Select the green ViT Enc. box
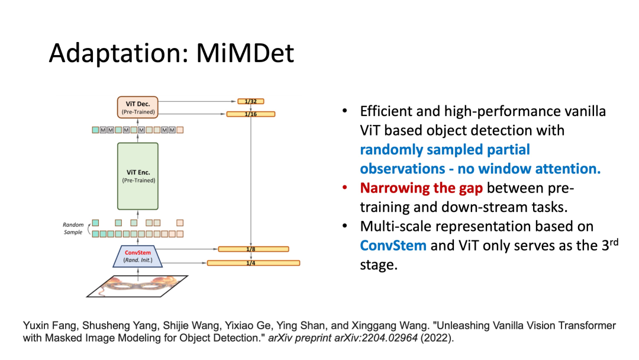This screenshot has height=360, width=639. point(138,176)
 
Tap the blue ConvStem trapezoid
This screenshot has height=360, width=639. point(138,256)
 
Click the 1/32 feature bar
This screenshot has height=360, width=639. point(251,101)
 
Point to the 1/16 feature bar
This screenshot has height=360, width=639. point(251,113)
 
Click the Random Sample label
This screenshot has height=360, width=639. point(73,229)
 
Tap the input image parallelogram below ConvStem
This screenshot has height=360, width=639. point(137,285)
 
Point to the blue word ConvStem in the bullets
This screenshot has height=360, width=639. point(393,245)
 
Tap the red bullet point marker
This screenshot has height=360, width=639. point(344,188)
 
